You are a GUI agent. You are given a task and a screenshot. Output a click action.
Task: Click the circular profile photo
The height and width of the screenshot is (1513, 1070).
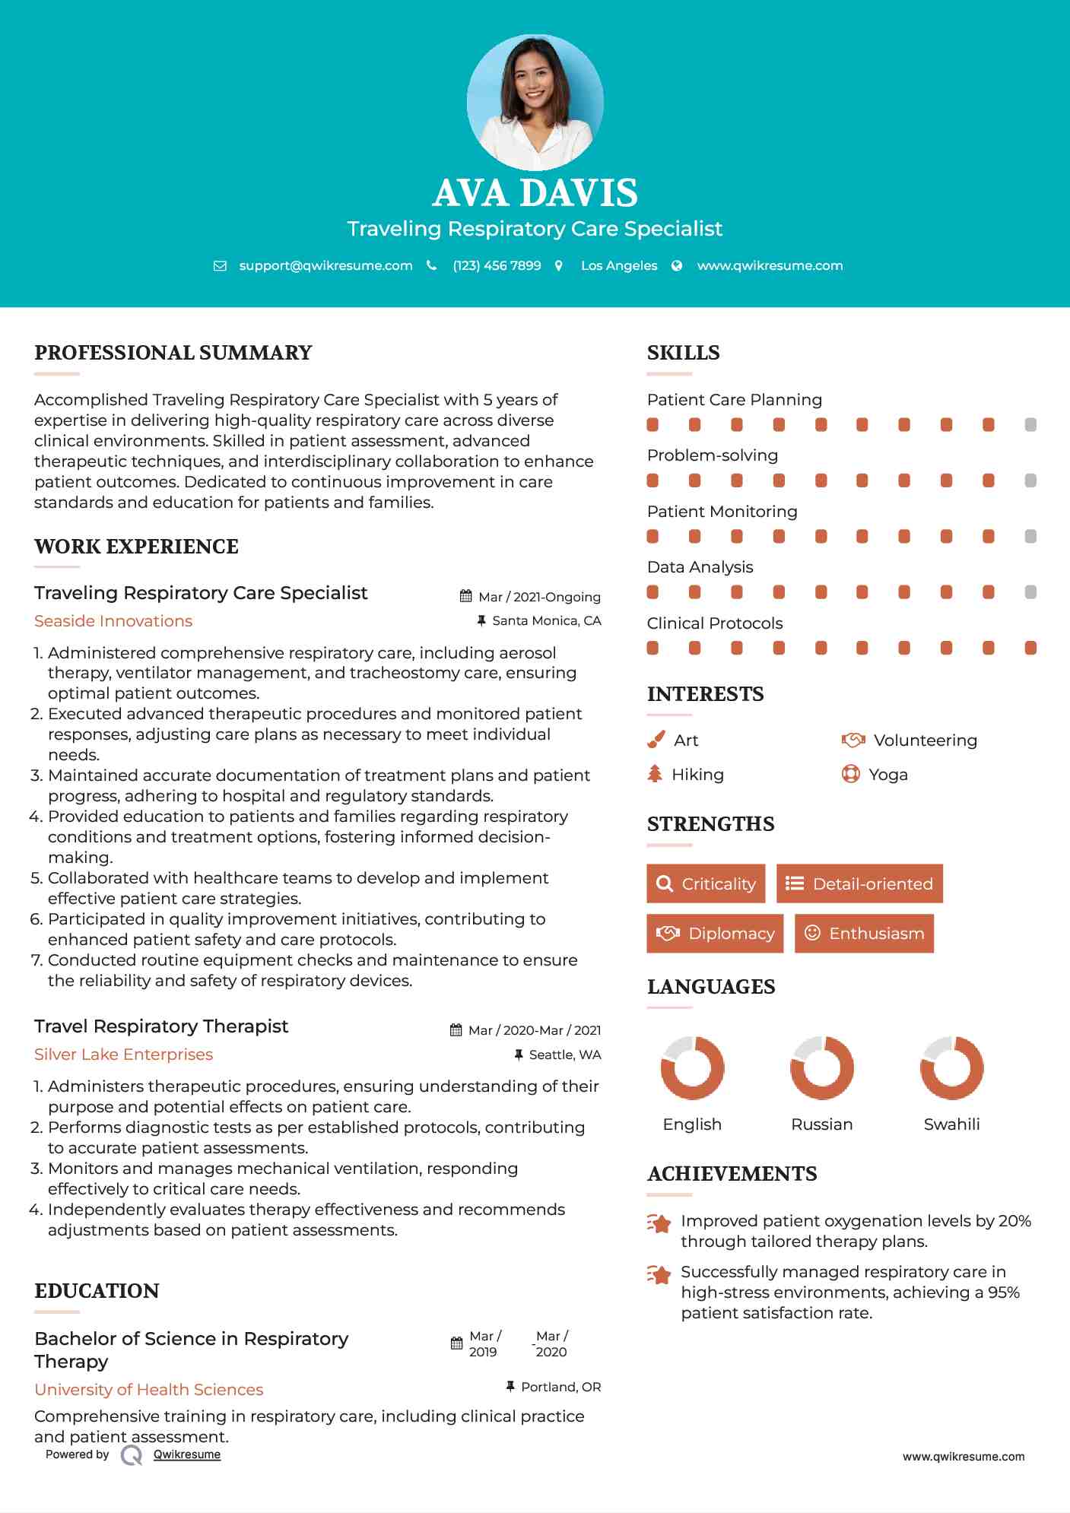pos(535,102)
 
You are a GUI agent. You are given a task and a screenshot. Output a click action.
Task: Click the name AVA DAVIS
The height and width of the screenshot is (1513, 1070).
pos(535,193)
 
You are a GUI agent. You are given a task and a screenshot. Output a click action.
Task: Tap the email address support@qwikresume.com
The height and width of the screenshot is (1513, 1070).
pos(325,265)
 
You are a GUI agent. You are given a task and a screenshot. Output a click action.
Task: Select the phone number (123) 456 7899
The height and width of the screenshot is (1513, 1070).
pos(497,265)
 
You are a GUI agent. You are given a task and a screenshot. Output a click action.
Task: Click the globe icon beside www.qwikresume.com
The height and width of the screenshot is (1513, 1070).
pos(677,265)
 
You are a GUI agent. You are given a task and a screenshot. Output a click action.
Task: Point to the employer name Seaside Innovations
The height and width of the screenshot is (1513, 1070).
pos(113,621)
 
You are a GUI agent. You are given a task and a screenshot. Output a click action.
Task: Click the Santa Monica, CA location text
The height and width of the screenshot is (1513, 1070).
pos(546,621)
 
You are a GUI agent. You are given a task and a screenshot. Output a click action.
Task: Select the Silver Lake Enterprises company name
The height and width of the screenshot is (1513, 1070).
pos(123,1055)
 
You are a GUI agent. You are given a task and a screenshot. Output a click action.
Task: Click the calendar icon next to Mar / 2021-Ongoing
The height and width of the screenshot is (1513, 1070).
pos(466,597)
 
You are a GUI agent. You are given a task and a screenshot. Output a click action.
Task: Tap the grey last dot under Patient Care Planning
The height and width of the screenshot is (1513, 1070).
pos(1030,425)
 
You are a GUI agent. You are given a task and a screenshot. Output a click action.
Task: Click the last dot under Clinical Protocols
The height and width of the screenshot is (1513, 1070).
pos(1030,648)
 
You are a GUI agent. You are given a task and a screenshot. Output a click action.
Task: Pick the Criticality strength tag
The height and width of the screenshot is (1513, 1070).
pos(706,883)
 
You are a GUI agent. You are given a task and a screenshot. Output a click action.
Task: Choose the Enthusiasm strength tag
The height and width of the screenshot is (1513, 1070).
pos(864,933)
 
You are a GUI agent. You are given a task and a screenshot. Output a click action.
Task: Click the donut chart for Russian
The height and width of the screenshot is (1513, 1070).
pos(822,1067)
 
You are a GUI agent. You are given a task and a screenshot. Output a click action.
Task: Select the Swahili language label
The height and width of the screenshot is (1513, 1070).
pos(951,1124)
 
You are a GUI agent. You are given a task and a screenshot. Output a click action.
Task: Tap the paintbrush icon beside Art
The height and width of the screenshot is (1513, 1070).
pos(656,740)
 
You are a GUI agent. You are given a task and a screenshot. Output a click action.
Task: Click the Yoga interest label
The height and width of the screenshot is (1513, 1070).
pos(888,775)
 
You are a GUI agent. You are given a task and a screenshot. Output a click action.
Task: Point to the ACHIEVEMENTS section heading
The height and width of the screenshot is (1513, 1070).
pos(732,1174)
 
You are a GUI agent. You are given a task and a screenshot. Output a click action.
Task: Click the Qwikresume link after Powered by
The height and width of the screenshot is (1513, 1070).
pos(187,1454)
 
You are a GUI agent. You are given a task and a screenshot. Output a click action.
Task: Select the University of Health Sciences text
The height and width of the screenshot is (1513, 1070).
pos(149,1390)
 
